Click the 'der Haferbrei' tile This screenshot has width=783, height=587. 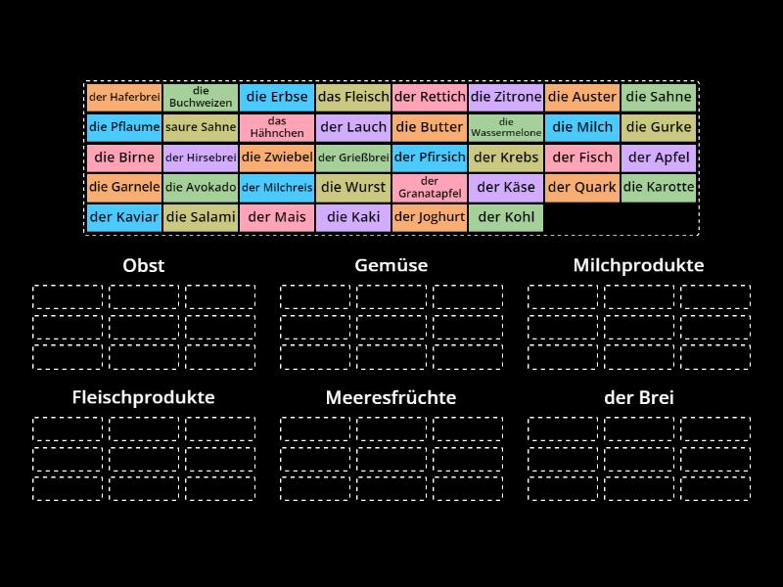click(x=124, y=97)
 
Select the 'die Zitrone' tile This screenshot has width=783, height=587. click(x=506, y=97)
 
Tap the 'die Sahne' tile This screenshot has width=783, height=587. click(x=659, y=97)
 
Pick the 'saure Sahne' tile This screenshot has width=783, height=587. click(x=201, y=127)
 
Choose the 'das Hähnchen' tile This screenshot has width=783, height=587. click(x=277, y=127)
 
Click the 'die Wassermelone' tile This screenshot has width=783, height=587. click(x=506, y=127)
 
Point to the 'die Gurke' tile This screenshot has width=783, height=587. click(x=659, y=127)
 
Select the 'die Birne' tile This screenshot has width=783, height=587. click(x=124, y=158)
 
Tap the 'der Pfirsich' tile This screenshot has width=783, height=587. click(x=430, y=158)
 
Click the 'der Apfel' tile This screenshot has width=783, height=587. click(x=659, y=158)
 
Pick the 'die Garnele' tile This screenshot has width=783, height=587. click(x=124, y=188)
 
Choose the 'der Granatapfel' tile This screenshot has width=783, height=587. click(x=430, y=188)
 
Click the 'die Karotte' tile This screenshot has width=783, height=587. click(x=659, y=188)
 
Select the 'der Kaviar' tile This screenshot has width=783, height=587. click(x=124, y=218)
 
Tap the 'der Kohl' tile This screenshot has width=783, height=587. click(x=506, y=218)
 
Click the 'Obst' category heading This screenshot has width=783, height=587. click(x=144, y=265)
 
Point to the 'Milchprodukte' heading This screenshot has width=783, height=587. click(x=638, y=265)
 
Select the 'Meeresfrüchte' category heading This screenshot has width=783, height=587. click(x=391, y=398)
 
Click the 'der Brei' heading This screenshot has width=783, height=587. click(x=638, y=398)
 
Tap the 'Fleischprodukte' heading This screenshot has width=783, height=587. click(x=144, y=398)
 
